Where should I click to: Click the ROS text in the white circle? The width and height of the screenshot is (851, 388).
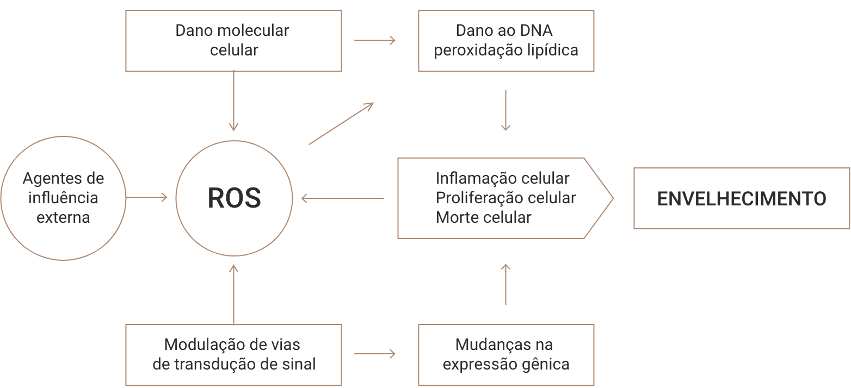pos(234,198)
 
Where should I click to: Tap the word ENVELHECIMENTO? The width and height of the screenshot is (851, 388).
pos(741,198)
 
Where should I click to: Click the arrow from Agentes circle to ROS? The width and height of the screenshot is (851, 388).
pos(147,198)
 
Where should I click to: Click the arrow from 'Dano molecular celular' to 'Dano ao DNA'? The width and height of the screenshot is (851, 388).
pos(374,40)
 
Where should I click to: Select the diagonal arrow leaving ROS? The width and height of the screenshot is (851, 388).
pos(341,123)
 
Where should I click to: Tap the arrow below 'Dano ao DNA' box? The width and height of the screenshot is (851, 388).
pos(506,110)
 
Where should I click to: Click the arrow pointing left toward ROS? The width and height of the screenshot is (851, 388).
pos(343,198)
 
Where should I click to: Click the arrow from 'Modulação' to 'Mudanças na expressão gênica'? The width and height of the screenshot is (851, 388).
pos(374,354)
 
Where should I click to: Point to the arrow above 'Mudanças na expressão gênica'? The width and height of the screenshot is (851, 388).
pos(506,284)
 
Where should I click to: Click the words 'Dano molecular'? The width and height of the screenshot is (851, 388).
pos(232,30)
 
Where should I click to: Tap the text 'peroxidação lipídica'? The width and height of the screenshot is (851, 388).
pos(506,50)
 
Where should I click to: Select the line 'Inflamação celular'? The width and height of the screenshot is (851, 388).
pos(502,178)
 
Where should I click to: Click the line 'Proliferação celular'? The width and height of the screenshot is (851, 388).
pos(505,197)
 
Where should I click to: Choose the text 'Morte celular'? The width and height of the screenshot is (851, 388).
pos(483,217)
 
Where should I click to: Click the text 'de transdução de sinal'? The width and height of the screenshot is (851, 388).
pos(234,364)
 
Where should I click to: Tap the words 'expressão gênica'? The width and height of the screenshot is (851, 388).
pos(506,364)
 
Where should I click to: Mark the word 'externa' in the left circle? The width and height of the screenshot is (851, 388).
pos(63,217)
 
